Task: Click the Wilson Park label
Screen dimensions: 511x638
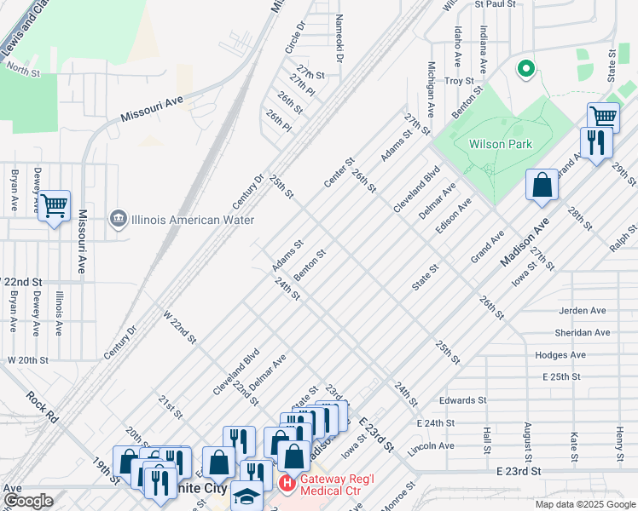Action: [x=500, y=144]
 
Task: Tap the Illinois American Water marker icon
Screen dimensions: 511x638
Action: [x=119, y=219]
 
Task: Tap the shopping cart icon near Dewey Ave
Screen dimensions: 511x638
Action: [x=54, y=204]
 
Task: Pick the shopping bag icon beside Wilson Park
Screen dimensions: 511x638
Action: [x=542, y=184]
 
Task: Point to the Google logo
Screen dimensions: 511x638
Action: [x=27, y=500]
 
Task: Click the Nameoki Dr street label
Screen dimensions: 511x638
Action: [x=339, y=38]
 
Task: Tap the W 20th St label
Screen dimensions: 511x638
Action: [x=28, y=360]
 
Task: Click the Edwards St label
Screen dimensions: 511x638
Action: [x=462, y=399]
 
